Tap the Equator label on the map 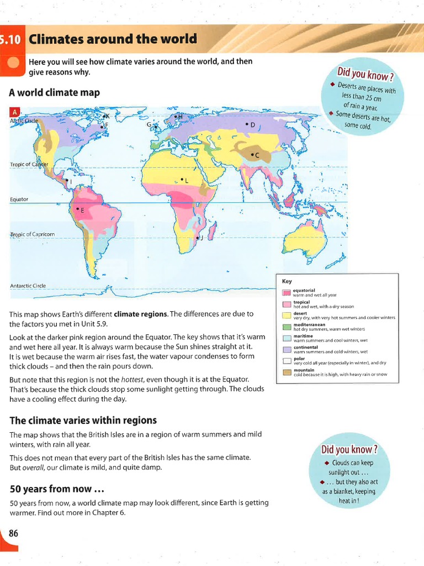coord(19,199)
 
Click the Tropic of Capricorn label coord(32,234)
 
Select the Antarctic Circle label coord(28,286)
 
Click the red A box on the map coord(14,112)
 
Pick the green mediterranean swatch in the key coord(287,327)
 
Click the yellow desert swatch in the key coord(287,316)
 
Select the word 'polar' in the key coord(299,359)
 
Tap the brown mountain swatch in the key coord(287,372)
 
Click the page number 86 coord(13,533)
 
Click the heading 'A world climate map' coord(54,93)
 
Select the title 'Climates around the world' coord(113,39)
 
